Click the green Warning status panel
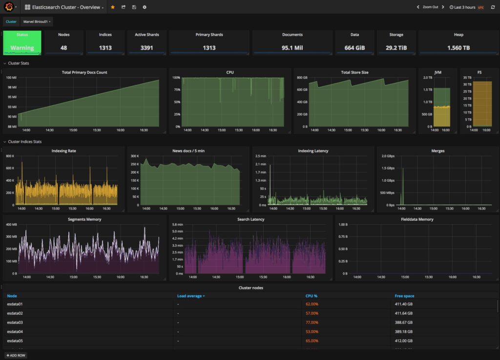22,42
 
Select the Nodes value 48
63,48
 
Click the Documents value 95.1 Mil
292,48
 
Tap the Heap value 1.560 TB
458,48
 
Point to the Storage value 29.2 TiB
396,48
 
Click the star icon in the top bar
113,7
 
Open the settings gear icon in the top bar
145,7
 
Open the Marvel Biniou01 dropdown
37,21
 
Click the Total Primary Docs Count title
84,72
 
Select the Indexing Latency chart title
313,151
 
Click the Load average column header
190,296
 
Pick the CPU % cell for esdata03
312,322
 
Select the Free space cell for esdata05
403,341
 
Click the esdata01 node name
15,304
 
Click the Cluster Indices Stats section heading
25,142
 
